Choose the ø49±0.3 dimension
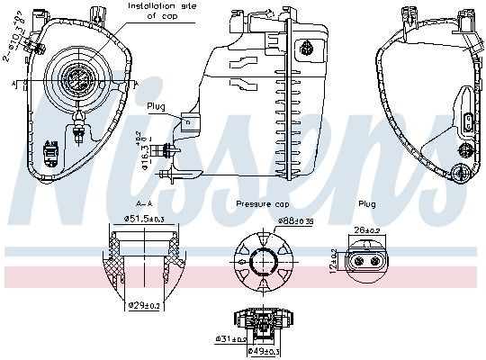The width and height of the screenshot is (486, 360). pos(265,350)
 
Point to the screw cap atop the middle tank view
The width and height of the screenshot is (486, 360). pos(309,49)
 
